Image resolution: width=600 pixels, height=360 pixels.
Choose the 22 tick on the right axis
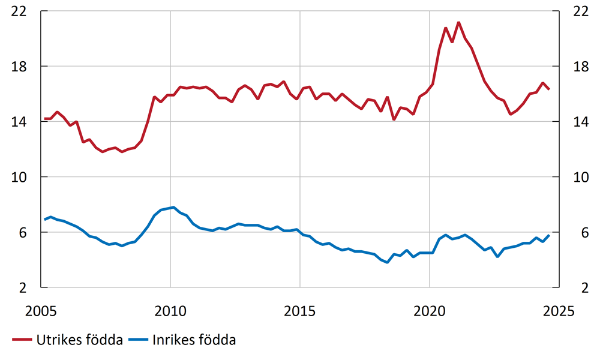pyautogui.click(x=578, y=11)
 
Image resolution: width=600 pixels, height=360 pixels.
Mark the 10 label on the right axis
pyautogui.click(x=578, y=177)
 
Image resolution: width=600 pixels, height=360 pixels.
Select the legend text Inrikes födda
pyautogui.click(x=194, y=340)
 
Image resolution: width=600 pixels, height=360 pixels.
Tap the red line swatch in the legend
pyautogui.click(x=22, y=341)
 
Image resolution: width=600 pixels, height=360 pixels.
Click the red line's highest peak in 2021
pyautogui.click(x=458, y=23)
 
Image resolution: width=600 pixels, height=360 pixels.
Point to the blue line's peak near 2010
pyautogui.click(x=173, y=208)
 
